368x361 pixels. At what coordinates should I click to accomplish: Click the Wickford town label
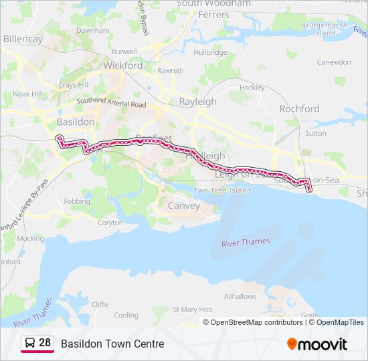(122, 66)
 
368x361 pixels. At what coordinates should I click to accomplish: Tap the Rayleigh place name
(197, 102)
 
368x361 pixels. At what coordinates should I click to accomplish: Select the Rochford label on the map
(299, 108)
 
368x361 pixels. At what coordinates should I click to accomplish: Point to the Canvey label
(183, 206)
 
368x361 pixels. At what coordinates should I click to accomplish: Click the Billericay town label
(23, 39)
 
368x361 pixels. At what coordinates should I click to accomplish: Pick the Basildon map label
(76, 122)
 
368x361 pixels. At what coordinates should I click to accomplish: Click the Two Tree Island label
(222, 191)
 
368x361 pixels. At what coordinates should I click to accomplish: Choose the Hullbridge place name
(210, 52)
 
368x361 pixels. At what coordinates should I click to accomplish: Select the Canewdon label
(333, 62)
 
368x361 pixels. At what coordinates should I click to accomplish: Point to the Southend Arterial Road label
(111, 104)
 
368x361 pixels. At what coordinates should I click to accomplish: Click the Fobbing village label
(77, 201)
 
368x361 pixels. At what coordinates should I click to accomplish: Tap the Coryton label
(110, 223)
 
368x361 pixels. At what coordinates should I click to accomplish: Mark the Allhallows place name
(240, 296)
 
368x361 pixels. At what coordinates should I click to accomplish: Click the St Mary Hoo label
(192, 310)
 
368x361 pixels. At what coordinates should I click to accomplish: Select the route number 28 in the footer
(45, 343)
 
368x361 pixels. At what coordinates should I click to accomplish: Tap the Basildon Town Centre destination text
(112, 344)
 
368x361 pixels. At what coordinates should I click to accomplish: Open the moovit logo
(317, 344)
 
